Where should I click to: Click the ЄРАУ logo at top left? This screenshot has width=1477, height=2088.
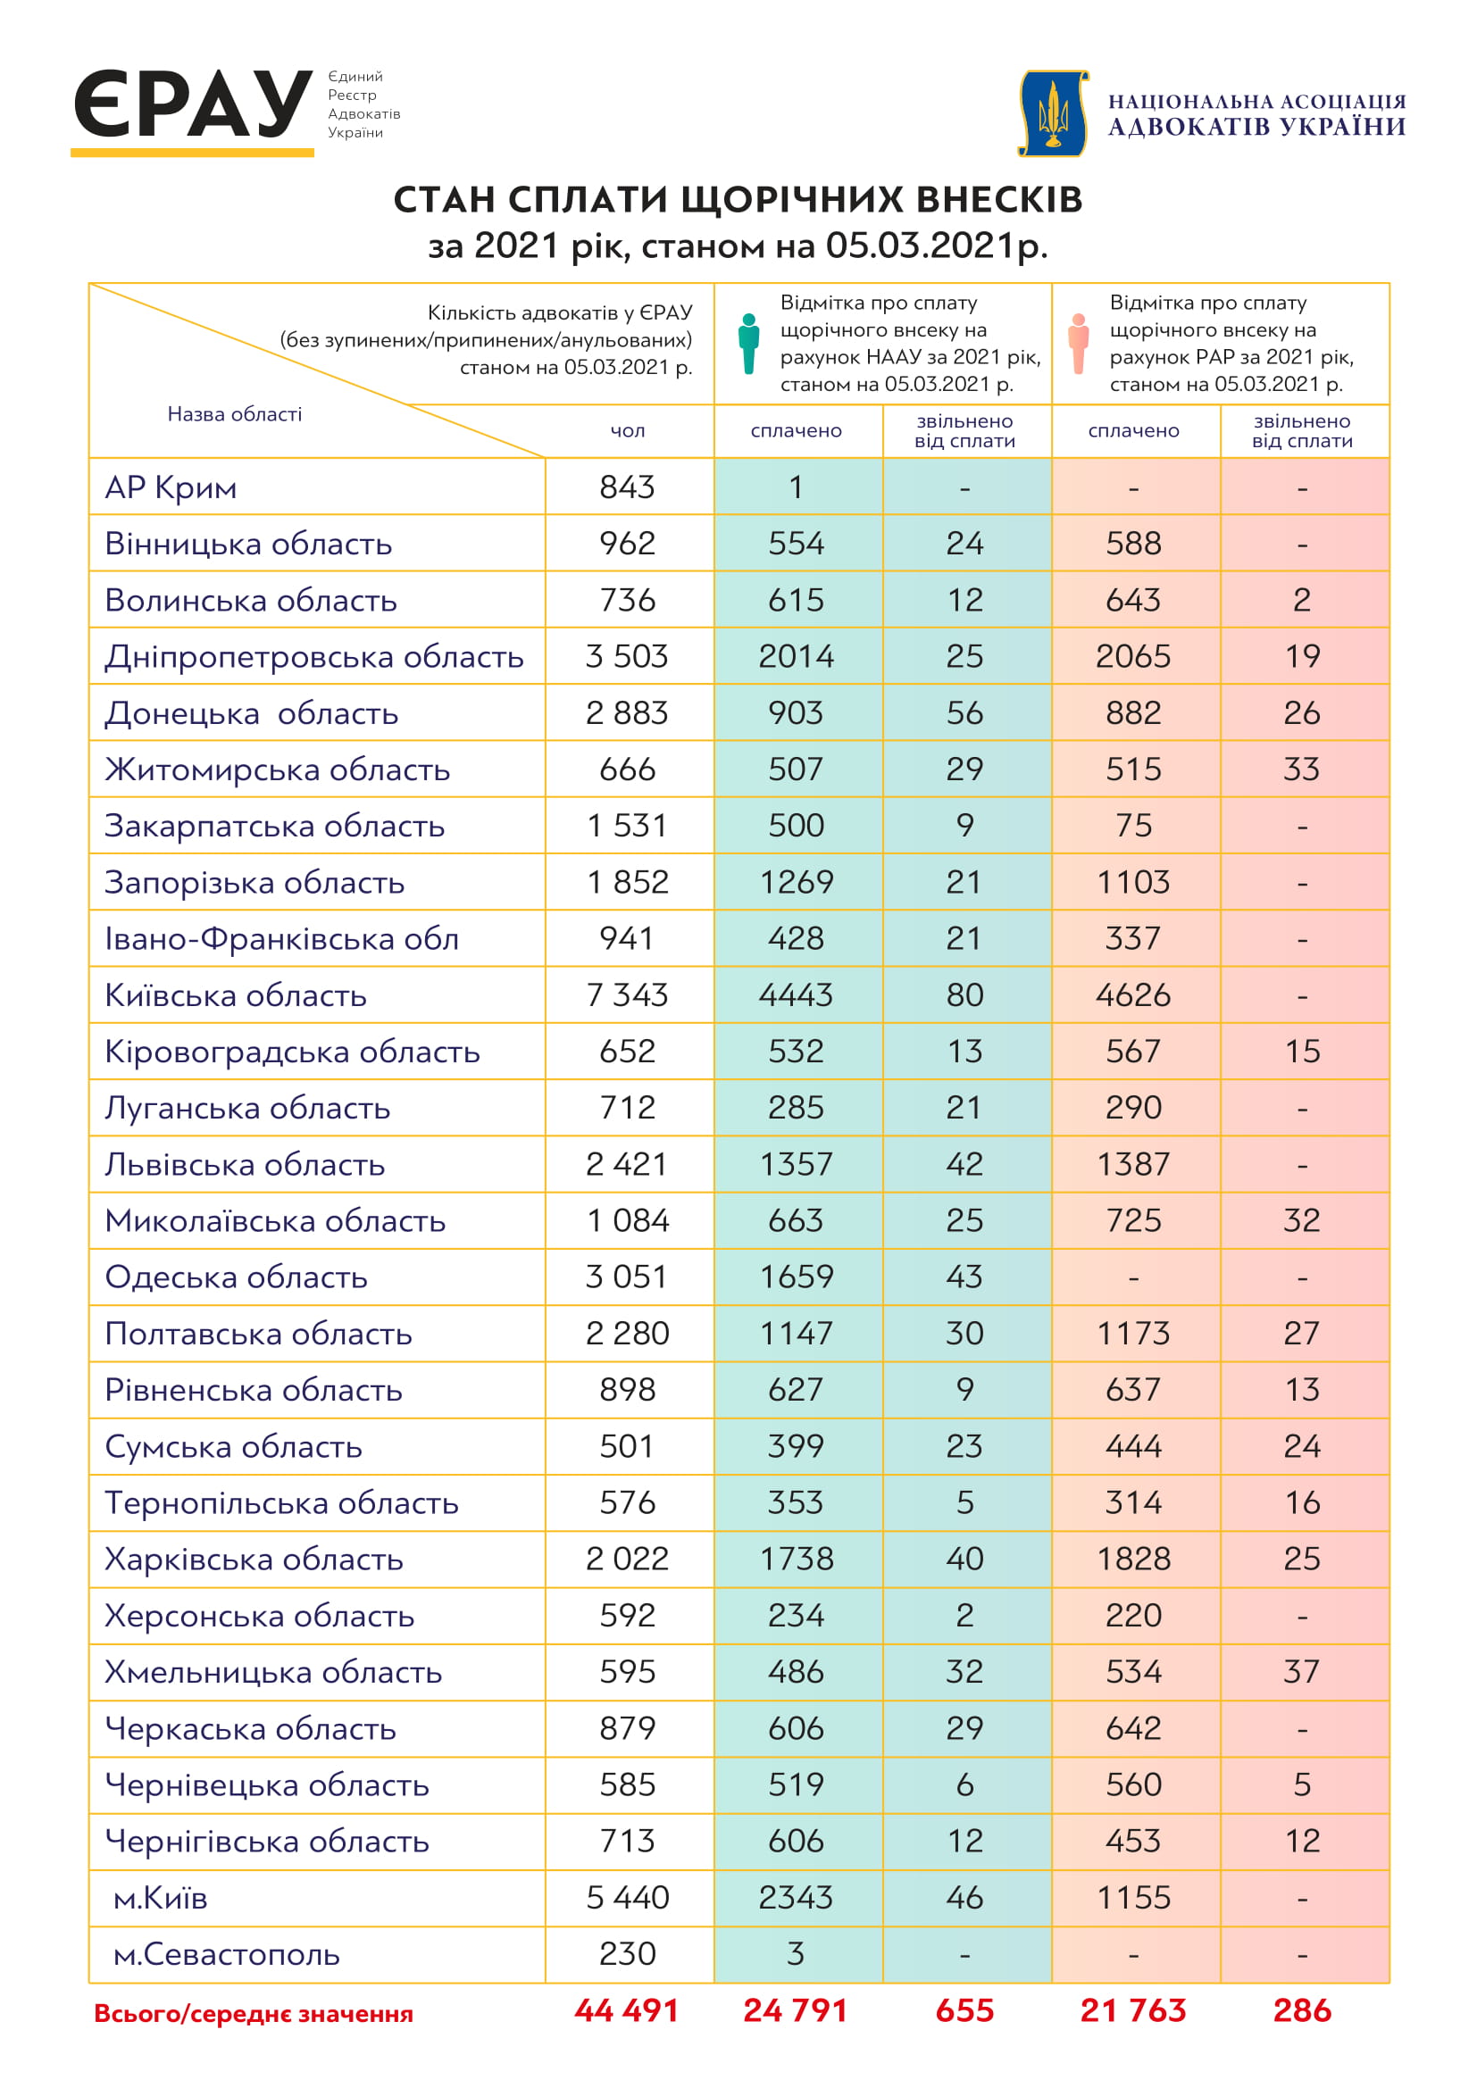click(x=193, y=106)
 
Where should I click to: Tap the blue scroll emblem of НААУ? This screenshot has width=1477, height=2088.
click(x=1053, y=112)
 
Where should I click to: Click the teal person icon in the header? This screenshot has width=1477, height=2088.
click(x=748, y=343)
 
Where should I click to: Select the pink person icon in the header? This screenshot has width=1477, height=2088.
click(x=1079, y=343)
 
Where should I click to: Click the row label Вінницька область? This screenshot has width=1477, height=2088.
click(x=248, y=544)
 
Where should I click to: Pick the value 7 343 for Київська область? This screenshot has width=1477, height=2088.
click(x=627, y=994)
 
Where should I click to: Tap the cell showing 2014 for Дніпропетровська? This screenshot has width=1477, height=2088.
click(x=796, y=657)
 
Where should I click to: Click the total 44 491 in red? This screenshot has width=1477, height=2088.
click(x=627, y=2010)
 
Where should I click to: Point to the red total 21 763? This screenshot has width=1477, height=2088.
click(x=1133, y=2010)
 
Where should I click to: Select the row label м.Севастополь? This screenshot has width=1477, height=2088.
click(x=227, y=1954)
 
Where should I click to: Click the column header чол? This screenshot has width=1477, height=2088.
click(x=628, y=431)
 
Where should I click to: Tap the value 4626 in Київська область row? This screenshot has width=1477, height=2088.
click(x=1133, y=994)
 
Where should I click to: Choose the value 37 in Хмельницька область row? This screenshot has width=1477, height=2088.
click(x=1301, y=1671)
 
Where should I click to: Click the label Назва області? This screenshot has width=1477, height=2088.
click(x=235, y=415)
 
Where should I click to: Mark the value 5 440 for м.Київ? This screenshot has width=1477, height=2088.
click(x=627, y=1898)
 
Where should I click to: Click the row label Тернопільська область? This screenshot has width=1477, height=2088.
click(x=282, y=1503)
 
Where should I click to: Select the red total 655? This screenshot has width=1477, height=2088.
click(x=964, y=2010)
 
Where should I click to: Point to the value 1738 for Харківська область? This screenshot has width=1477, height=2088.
click(x=796, y=1559)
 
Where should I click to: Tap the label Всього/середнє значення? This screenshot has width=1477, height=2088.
click(x=254, y=2014)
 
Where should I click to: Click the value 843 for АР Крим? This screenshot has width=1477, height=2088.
click(x=627, y=487)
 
